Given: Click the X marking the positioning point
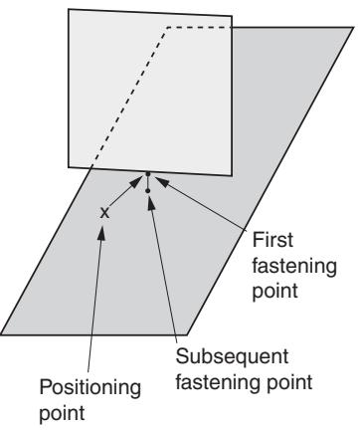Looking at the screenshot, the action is pyautogui.click(x=104, y=213).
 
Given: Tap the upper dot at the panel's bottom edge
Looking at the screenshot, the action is pyautogui.click(x=148, y=174).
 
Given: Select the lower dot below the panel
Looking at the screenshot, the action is pyautogui.click(x=148, y=191).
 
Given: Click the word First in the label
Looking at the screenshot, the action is pyautogui.click(x=272, y=240).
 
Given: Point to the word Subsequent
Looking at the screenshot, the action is pyautogui.click(x=232, y=357).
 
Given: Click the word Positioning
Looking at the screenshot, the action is pyautogui.click(x=90, y=388).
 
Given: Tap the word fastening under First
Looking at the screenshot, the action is pyautogui.click(x=294, y=266).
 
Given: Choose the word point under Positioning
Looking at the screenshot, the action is pyautogui.click(x=62, y=414).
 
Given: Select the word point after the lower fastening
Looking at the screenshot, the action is pyautogui.click(x=289, y=383).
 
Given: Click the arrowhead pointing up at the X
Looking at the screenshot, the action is pyautogui.click(x=102, y=232).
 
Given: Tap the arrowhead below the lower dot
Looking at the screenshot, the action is pyautogui.click(x=151, y=203).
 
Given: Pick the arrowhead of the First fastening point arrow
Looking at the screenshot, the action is pyautogui.click(x=162, y=182).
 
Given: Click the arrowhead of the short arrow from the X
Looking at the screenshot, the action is pyautogui.click(x=135, y=182).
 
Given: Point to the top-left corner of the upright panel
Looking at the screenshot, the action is pyautogui.click(x=69, y=9).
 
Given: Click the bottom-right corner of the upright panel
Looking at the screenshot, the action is pyautogui.click(x=232, y=175).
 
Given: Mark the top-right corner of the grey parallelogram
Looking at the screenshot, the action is pyautogui.click(x=353, y=28).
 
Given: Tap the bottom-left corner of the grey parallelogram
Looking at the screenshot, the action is pyautogui.click(x=1, y=334).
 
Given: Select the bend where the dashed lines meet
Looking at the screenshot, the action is pyautogui.click(x=167, y=28).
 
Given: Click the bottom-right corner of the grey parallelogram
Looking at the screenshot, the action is pyautogui.click(x=187, y=334).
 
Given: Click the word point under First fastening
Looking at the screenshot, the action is pyautogui.click(x=275, y=292).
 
